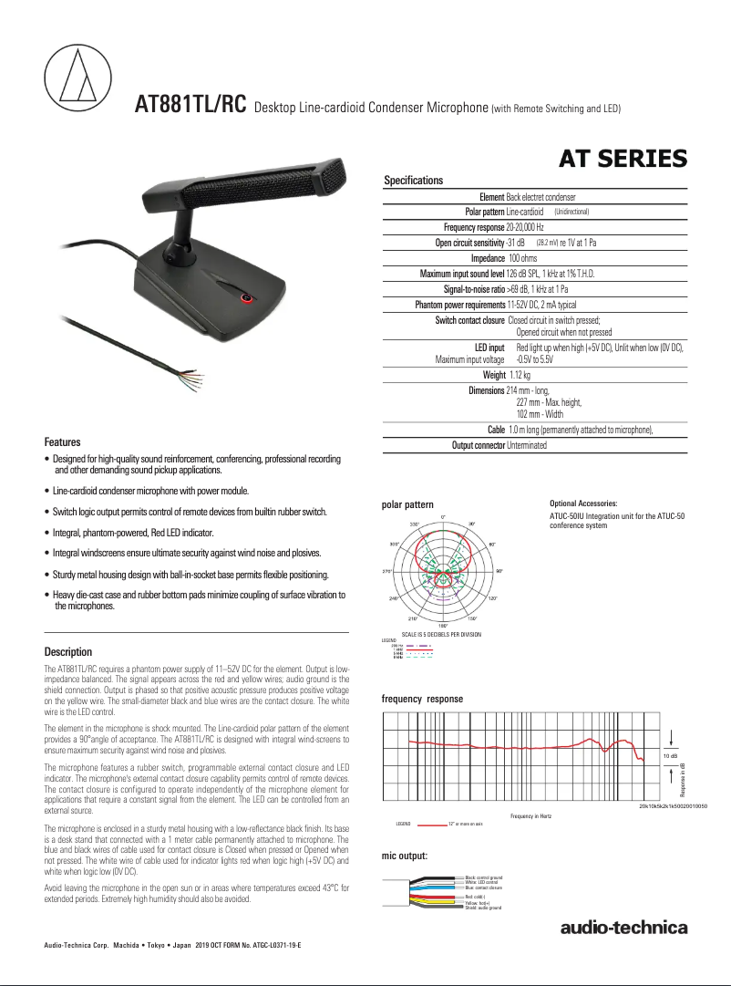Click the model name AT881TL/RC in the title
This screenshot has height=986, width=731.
coord(190,104)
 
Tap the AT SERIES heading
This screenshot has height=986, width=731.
coord(623,160)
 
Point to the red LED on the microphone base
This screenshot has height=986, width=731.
coord(245,298)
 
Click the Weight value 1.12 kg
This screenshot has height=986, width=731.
coord(520,375)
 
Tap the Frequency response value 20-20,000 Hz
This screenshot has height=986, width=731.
coord(538,227)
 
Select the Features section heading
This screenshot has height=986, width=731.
coord(63,441)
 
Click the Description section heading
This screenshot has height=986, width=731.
coord(68,652)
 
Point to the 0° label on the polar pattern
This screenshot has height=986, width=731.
coord(443,517)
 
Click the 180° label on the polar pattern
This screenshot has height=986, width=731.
coord(443,625)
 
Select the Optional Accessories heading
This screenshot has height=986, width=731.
coord(583,503)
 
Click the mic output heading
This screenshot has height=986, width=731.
coord(405,856)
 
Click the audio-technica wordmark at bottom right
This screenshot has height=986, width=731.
coord(623,929)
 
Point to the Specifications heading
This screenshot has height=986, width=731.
coord(414,181)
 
